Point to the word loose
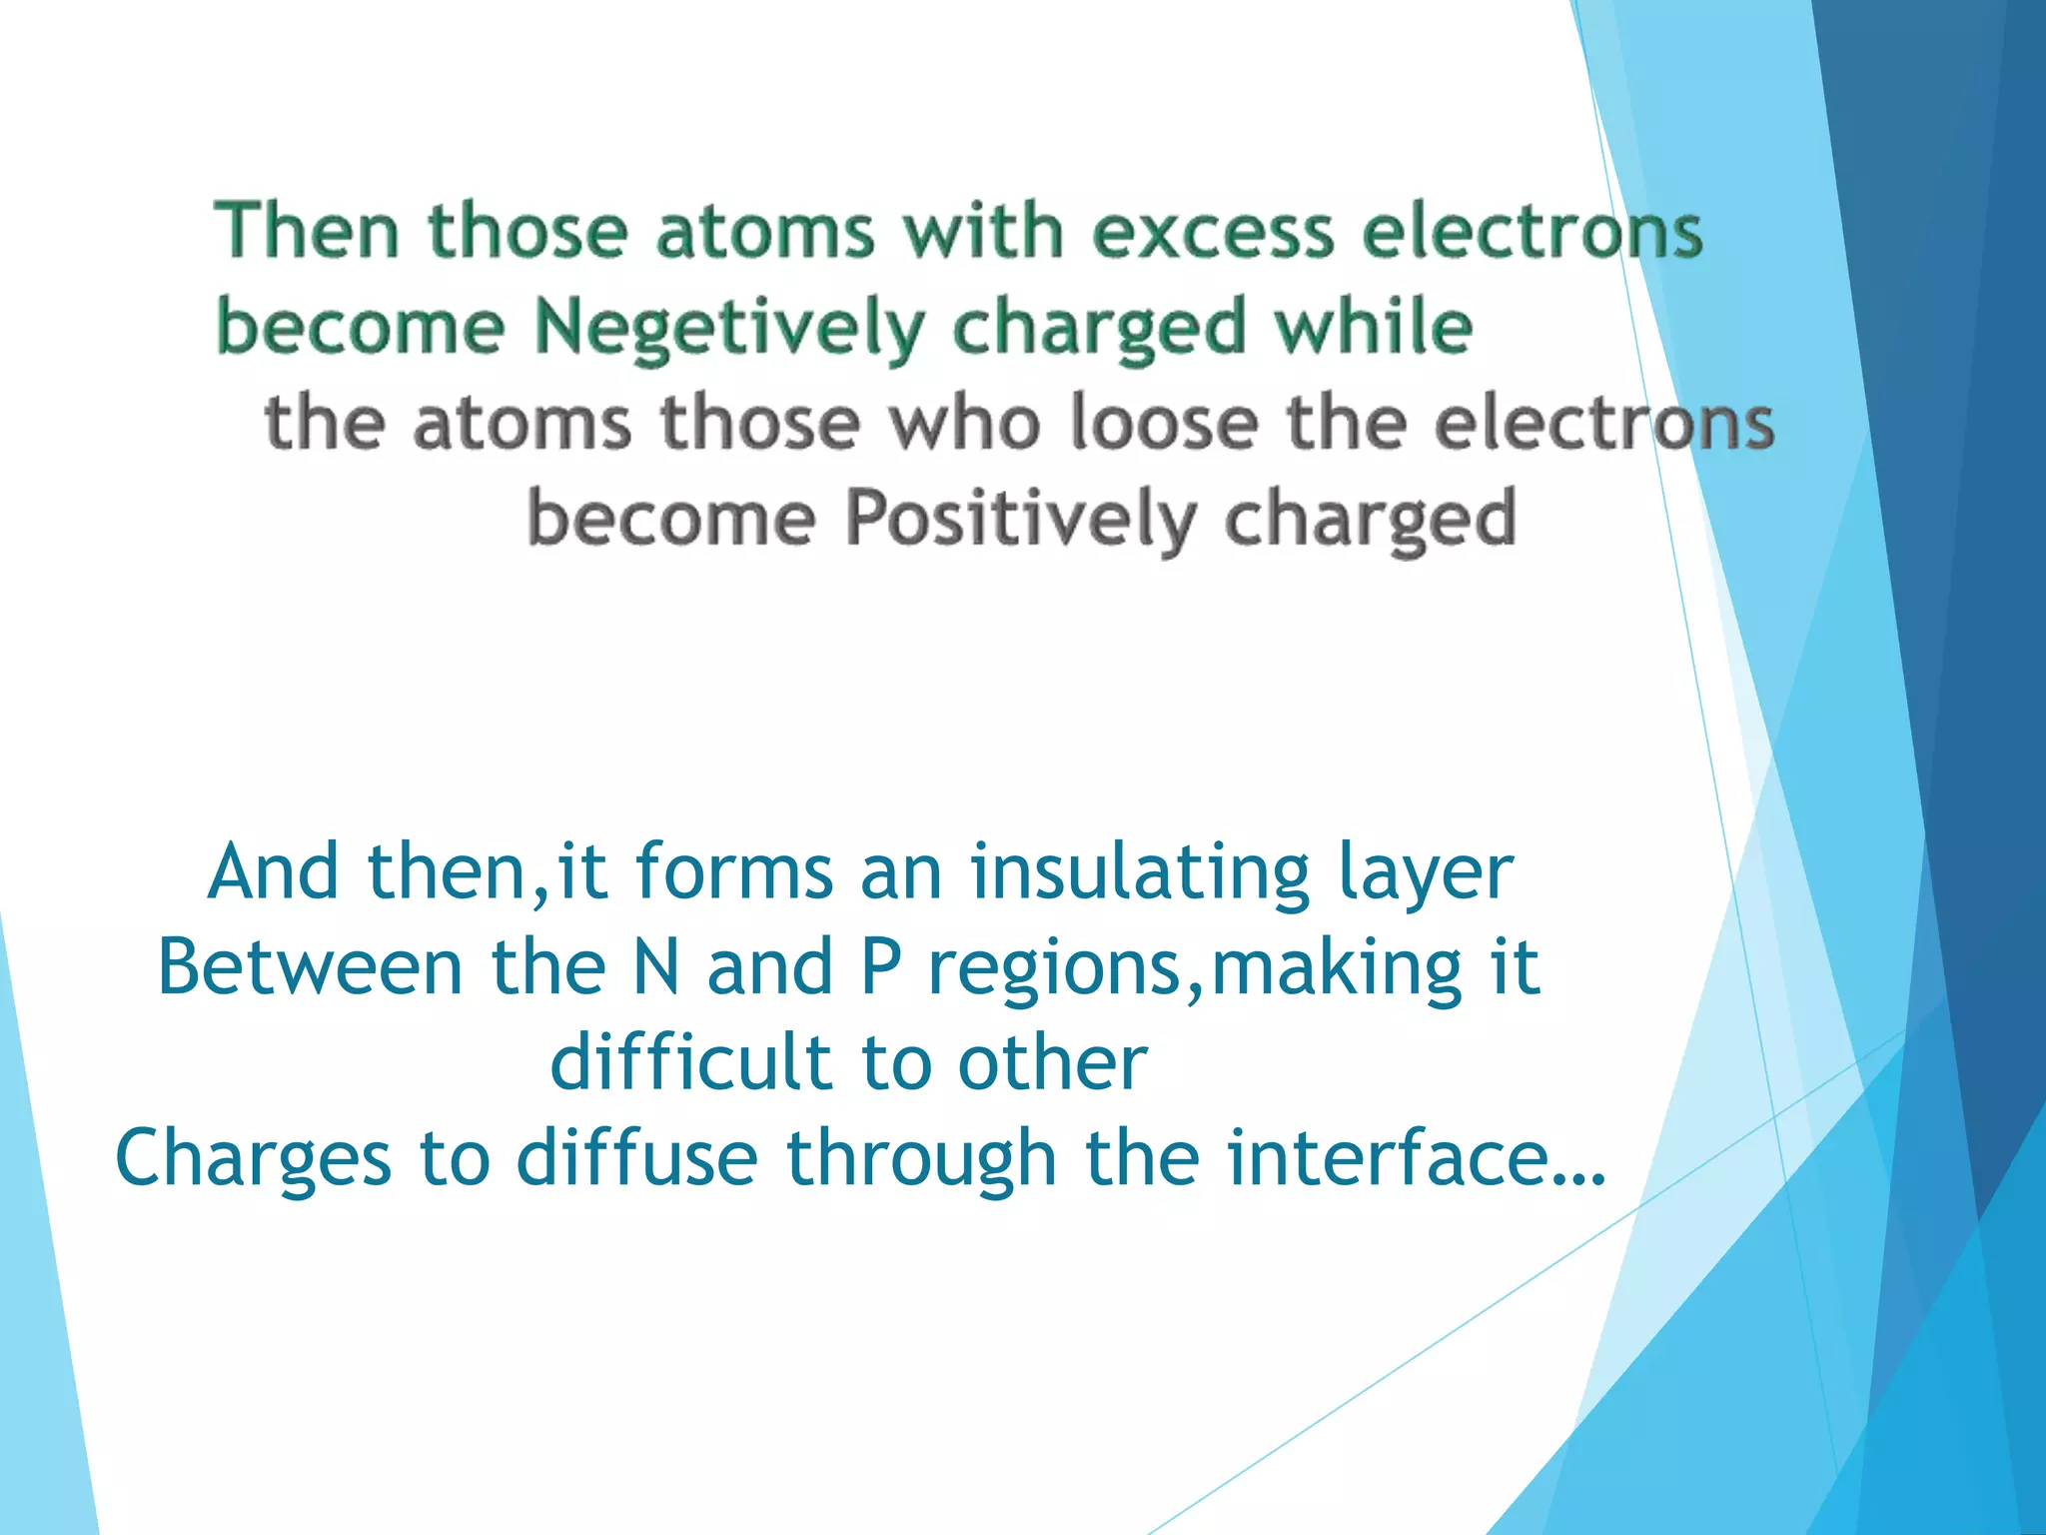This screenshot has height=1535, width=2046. [x=1163, y=422]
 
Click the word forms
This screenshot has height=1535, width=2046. [x=734, y=871]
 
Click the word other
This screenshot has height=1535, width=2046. [x=1052, y=1061]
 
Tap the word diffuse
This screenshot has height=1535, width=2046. [x=637, y=1157]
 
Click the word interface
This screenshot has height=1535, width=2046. [x=1388, y=1157]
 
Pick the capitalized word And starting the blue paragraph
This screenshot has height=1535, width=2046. [x=274, y=871]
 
